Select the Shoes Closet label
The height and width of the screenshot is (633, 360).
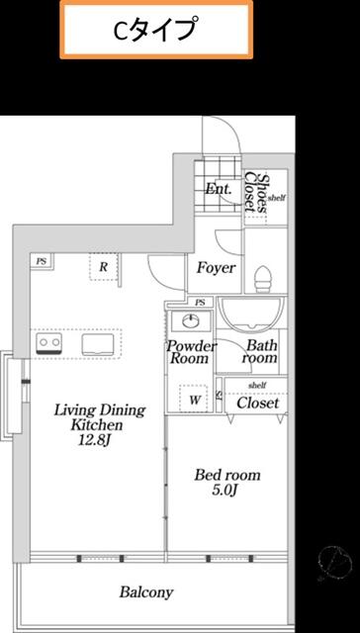(259, 194)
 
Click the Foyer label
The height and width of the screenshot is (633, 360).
(215, 269)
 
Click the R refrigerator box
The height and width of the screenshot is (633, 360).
(104, 265)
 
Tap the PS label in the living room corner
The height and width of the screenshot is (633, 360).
(42, 261)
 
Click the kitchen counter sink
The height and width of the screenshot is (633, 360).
(98, 343)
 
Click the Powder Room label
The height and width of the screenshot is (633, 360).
(191, 354)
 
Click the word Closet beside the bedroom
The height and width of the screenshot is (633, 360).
(258, 404)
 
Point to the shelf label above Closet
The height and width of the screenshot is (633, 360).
(257, 385)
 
